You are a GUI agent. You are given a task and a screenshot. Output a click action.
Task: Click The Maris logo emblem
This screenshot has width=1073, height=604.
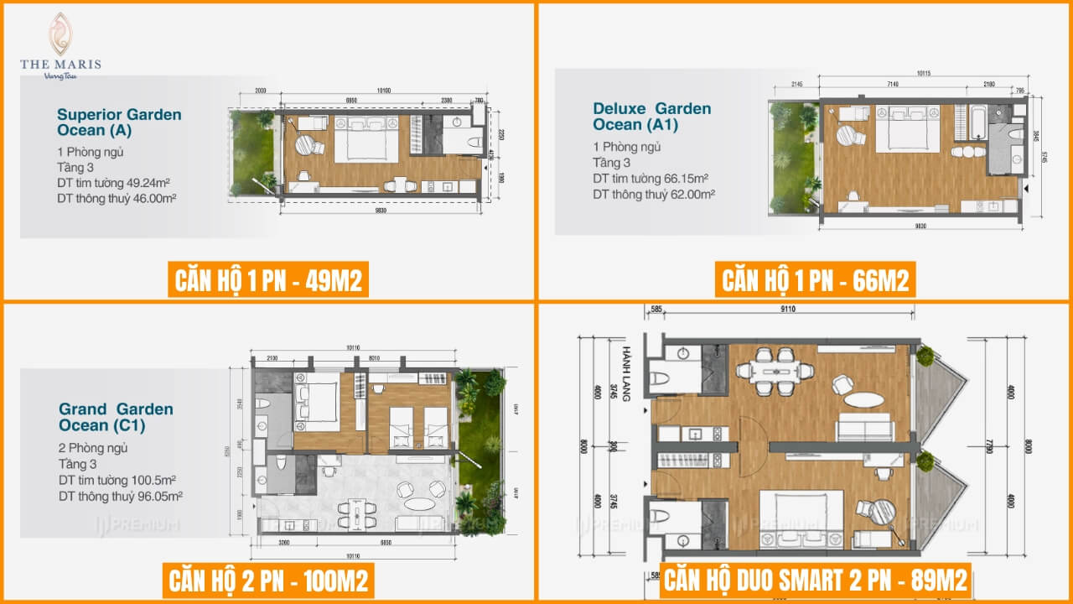click(60, 34)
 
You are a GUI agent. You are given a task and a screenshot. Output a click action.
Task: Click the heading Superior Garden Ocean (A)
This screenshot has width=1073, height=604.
click(118, 122)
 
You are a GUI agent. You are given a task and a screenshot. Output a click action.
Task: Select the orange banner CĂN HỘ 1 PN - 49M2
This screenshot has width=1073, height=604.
click(268, 280)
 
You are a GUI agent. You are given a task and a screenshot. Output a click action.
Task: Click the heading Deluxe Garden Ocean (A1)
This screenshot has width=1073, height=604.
click(651, 117)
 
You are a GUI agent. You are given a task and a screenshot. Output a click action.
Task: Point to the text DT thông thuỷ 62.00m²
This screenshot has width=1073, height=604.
click(653, 194)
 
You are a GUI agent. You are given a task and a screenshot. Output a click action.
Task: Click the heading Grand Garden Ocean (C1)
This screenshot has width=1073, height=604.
click(116, 417)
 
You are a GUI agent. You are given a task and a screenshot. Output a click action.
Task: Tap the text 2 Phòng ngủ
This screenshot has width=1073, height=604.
click(93, 448)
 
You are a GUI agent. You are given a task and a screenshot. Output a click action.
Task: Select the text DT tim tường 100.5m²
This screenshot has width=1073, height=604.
click(117, 480)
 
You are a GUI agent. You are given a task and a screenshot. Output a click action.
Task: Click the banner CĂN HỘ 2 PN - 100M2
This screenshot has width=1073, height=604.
click(268, 581)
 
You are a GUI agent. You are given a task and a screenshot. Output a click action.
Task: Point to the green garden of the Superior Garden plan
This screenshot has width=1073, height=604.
click(254, 152)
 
